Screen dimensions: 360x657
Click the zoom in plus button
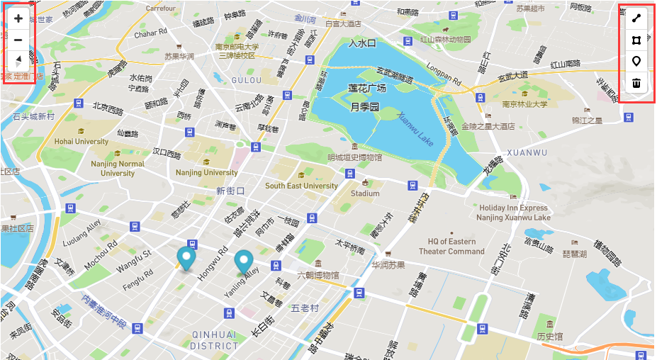click(18, 19)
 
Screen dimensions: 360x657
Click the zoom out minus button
click(18, 40)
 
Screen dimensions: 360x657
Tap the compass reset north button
click(18, 60)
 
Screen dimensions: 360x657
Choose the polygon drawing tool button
click(636, 40)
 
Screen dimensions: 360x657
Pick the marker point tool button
click(636, 61)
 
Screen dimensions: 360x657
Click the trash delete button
click(636, 83)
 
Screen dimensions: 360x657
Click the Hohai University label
click(82, 141)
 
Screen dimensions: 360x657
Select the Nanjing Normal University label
click(118, 168)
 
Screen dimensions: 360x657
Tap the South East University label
click(301, 186)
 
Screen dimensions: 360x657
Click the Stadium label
click(365, 193)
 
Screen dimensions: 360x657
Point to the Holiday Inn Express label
click(514, 208)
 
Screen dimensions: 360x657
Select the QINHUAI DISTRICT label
click(214, 340)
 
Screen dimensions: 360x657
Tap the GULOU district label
click(247, 80)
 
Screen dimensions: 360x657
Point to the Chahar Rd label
click(150, 33)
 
